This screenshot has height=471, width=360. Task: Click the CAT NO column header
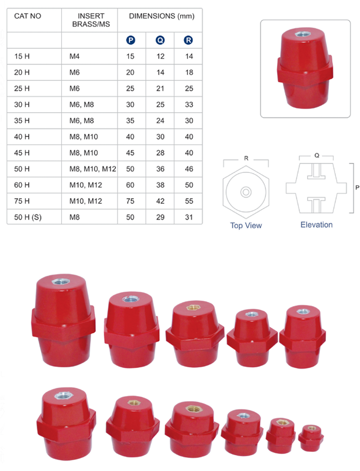pos(28,16)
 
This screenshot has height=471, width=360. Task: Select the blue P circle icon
pos(131,40)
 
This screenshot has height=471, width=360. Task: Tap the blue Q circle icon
pos(160,40)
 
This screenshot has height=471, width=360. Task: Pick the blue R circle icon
pos(188,40)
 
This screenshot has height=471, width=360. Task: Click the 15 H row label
pos(22,56)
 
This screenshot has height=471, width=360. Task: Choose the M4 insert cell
pos(74,56)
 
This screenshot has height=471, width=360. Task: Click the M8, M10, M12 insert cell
pos(93,169)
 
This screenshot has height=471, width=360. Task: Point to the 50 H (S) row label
pos(28,217)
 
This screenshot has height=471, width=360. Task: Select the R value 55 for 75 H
pos(189,201)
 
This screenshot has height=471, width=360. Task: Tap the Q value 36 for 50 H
pos(160,169)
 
